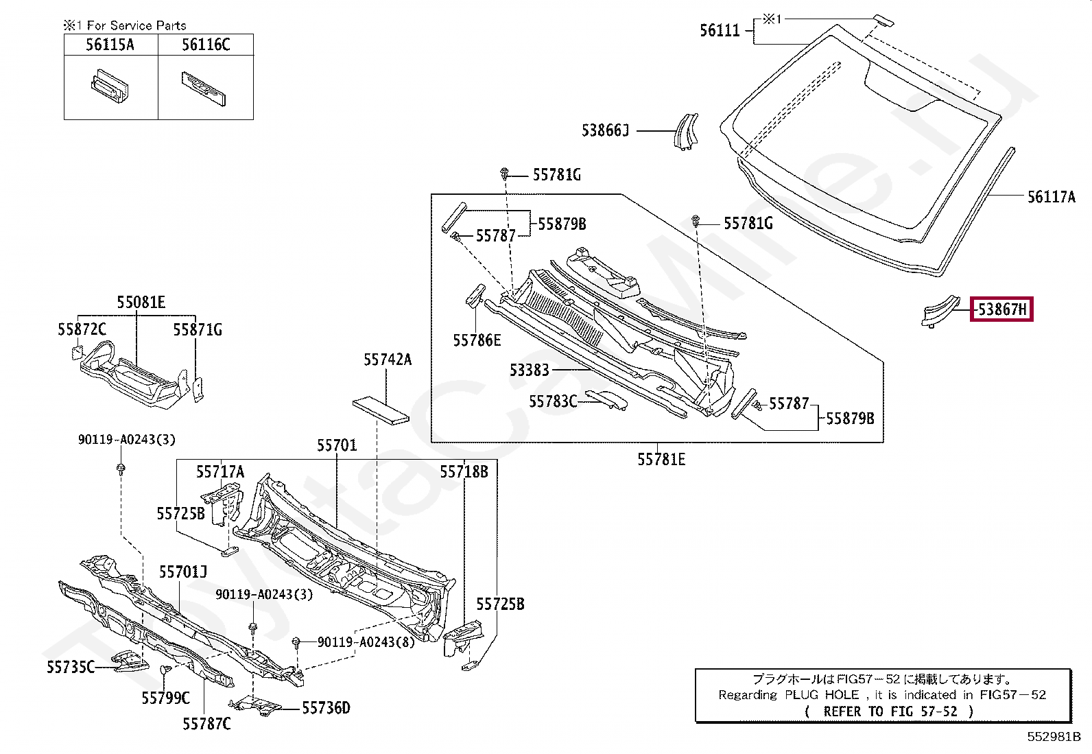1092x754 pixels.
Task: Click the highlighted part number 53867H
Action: (1001, 309)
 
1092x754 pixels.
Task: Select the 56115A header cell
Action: (110, 45)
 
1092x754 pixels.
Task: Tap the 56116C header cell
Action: (206, 45)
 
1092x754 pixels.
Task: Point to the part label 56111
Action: (720, 30)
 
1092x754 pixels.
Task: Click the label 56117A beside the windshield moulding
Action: (1051, 197)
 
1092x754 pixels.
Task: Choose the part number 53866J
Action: (605, 130)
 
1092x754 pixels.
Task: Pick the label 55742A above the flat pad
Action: (388, 360)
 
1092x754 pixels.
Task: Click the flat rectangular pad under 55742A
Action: (381, 410)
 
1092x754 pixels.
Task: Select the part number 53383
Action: (529, 370)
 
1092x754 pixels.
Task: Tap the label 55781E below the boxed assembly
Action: (661, 460)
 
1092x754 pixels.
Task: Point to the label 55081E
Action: (141, 303)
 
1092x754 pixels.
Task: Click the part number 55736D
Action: (326, 708)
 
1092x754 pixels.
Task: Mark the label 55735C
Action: (70, 667)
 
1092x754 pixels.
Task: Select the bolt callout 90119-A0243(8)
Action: (366, 642)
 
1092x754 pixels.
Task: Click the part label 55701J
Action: (183, 572)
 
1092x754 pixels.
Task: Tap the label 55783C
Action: (553, 401)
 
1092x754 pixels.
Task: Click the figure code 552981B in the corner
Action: (1054, 737)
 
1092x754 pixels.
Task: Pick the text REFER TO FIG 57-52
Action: (890, 711)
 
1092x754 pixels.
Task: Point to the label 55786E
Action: (477, 340)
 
